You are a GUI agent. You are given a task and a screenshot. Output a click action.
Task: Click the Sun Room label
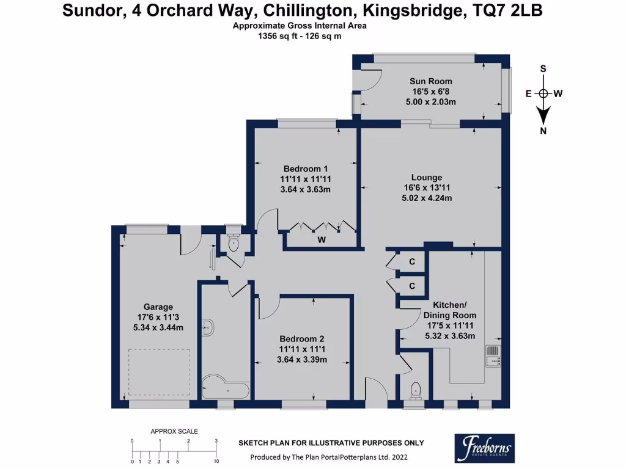click(x=431, y=81)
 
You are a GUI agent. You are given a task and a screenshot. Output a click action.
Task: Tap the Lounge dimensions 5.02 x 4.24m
click(x=431, y=198)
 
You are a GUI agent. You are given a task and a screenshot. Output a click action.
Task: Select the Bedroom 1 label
click(x=306, y=169)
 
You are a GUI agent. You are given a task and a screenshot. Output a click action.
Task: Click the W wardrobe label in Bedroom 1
click(x=321, y=240)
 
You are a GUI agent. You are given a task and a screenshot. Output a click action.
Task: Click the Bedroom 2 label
click(x=302, y=339)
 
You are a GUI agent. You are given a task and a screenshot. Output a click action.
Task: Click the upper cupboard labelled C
click(x=412, y=262)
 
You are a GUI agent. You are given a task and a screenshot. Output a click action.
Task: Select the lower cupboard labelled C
click(x=412, y=286)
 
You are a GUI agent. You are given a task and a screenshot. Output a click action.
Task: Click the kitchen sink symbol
click(x=493, y=356)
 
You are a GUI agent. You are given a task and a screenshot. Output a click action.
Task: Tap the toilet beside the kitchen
click(x=417, y=390)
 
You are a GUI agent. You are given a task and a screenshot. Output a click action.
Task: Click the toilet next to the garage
click(x=233, y=243)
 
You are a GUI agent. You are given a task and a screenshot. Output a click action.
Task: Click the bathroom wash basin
click(x=207, y=328)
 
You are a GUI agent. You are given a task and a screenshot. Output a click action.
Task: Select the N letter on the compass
click(x=543, y=131)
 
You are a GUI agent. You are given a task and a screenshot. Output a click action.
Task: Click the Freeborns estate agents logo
click(x=483, y=448)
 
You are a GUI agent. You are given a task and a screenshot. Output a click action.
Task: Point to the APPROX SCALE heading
click(x=174, y=432)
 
